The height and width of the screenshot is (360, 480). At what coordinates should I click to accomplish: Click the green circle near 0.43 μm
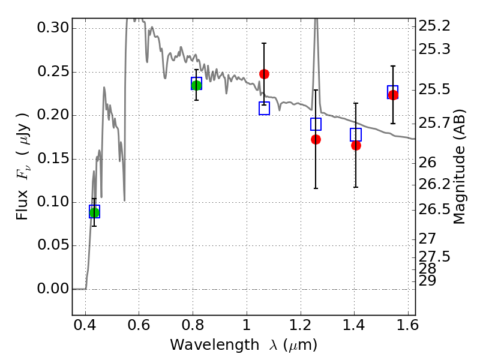click(x=94, y=212)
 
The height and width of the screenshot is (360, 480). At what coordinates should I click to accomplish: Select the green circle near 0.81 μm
click(x=197, y=85)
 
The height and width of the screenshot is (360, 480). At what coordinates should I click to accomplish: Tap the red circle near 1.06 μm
click(x=264, y=74)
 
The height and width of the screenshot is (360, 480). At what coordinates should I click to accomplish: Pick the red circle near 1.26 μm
click(x=316, y=140)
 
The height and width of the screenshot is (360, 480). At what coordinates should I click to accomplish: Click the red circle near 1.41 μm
click(x=356, y=145)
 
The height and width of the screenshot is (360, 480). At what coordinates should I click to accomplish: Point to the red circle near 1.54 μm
click(x=393, y=95)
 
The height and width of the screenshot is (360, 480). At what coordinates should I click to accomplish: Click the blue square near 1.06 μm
click(x=264, y=109)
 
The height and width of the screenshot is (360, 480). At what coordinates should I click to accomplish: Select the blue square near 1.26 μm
click(x=316, y=124)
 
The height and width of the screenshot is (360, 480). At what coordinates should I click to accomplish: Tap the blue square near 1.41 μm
click(x=356, y=134)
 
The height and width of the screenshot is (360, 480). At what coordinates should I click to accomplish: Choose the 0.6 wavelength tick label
click(x=139, y=325)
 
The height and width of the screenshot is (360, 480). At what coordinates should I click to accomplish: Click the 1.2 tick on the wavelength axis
click(x=301, y=325)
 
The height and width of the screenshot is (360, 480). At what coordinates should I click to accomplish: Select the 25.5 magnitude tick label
click(x=434, y=90)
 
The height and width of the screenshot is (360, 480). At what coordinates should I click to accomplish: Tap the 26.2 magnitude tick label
click(x=434, y=184)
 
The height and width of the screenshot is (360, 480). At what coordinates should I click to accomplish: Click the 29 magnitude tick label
click(x=427, y=281)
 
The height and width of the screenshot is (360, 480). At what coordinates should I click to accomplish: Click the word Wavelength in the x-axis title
click(x=215, y=345)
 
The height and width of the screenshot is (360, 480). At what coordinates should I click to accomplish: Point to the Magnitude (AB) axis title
click(x=458, y=167)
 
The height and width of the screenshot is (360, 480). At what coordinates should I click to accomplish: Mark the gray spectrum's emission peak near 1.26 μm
click(x=316, y=19)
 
